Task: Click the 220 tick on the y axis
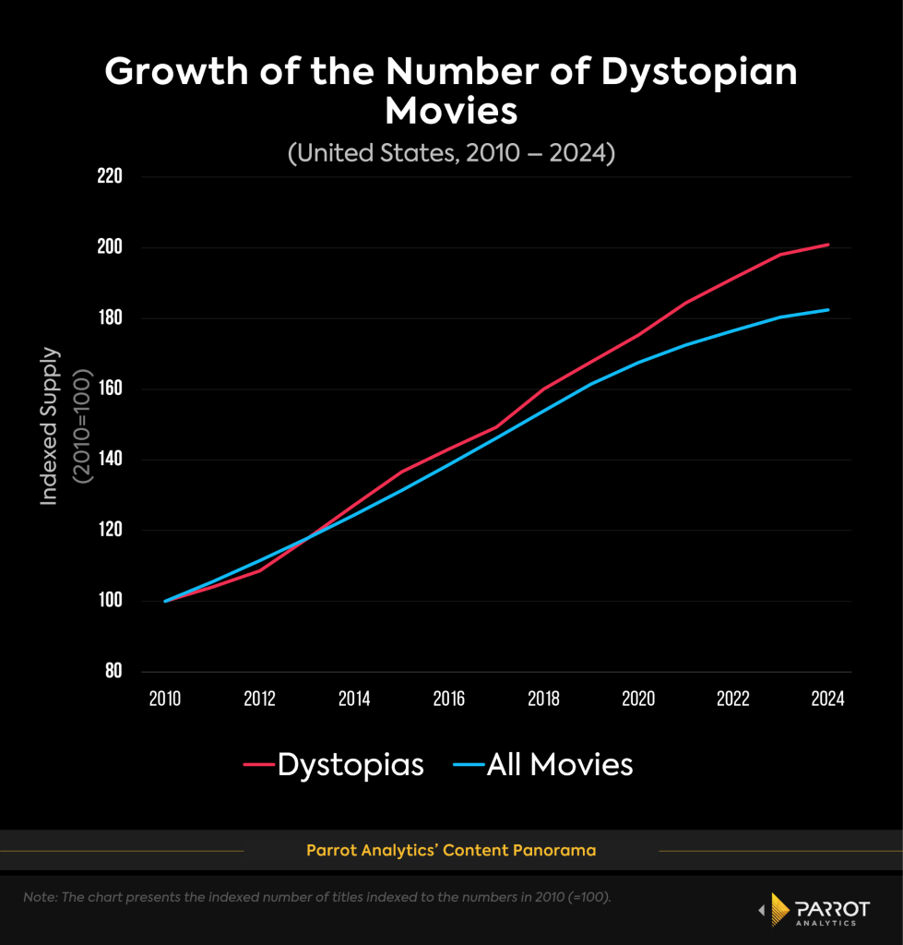pyautogui.click(x=110, y=176)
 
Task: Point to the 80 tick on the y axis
pyautogui.click(x=113, y=672)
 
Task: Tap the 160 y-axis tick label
pyautogui.click(x=110, y=389)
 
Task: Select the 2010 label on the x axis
pyautogui.click(x=165, y=699)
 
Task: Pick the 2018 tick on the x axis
pyautogui.click(x=544, y=699)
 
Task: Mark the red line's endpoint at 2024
pyautogui.click(x=828, y=245)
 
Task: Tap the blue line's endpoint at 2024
pyautogui.click(x=828, y=310)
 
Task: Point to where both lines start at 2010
pyautogui.click(x=165, y=601)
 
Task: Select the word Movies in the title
pyautogui.click(x=451, y=112)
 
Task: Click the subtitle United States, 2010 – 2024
pyautogui.click(x=451, y=152)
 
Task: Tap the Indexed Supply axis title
pyautogui.click(x=50, y=425)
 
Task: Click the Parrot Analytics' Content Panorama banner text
pyautogui.click(x=451, y=850)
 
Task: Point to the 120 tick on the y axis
pyautogui.click(x=110, y=531)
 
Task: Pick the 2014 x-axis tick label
pyautogui.click(x=354, y=699)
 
